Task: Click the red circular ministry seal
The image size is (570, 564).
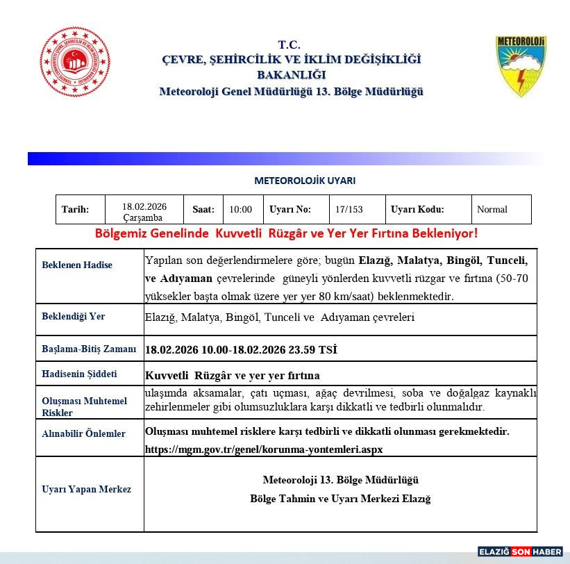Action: (x=75, y=63)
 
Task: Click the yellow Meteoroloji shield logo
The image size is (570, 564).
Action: (x=520, y=67)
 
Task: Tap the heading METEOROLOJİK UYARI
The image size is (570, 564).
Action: (x=305, y=181)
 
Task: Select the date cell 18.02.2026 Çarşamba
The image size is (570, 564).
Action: (x=144, y=211)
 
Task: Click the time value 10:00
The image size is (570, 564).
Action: (x=241, y=210)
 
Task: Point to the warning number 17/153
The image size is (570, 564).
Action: (x=349, y=210)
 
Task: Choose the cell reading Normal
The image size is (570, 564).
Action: (x=492, y=210)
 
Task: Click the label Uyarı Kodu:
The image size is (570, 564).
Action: (x=417, y=210)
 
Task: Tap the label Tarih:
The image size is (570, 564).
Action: (x=75, y=210)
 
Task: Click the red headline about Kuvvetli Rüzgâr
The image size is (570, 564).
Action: (x=286, y=233)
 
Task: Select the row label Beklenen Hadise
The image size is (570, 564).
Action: (x=77, y=265)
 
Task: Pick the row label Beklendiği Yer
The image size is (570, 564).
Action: (x=74, y=316)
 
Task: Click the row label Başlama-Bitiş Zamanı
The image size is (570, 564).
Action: (x=89, y=349)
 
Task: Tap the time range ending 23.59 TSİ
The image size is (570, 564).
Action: (x=241, y=349)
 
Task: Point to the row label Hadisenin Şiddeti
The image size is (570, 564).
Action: (x=79, y=374)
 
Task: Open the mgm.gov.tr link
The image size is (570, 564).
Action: (x=264, y=449)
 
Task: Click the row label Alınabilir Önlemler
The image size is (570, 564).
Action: (x=84, y=434)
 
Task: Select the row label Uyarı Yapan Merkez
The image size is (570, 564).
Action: (x=87, y=489)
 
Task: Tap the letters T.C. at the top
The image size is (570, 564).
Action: (x=290, y=44)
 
